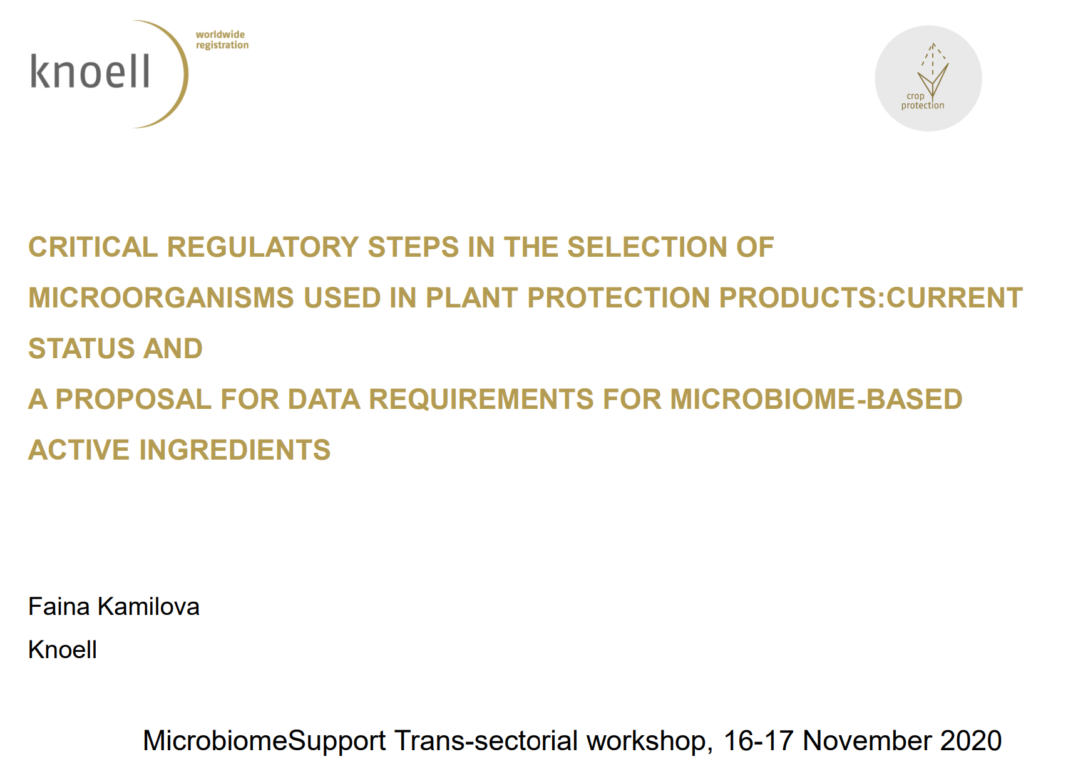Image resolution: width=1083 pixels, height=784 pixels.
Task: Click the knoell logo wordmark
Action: tap(90, 71)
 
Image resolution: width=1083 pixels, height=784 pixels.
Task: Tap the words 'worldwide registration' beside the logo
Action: tap(222, 39)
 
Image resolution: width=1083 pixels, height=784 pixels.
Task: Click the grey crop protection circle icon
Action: tap(928, 78)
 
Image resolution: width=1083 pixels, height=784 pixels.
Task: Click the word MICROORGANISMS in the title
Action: tap(161, 297)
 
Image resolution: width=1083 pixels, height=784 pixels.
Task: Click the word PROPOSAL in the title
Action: tap(133, 399)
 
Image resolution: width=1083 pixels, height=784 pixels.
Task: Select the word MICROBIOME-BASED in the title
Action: tap(816, 399)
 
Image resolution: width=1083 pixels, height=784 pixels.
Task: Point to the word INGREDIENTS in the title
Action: tap(234, 450)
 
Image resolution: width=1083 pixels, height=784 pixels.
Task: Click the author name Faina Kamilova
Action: tap(114, 606)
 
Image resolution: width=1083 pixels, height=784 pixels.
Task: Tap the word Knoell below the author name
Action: tap(63, 649)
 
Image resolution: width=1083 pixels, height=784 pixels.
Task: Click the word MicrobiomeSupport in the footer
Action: tap(264, 740)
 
